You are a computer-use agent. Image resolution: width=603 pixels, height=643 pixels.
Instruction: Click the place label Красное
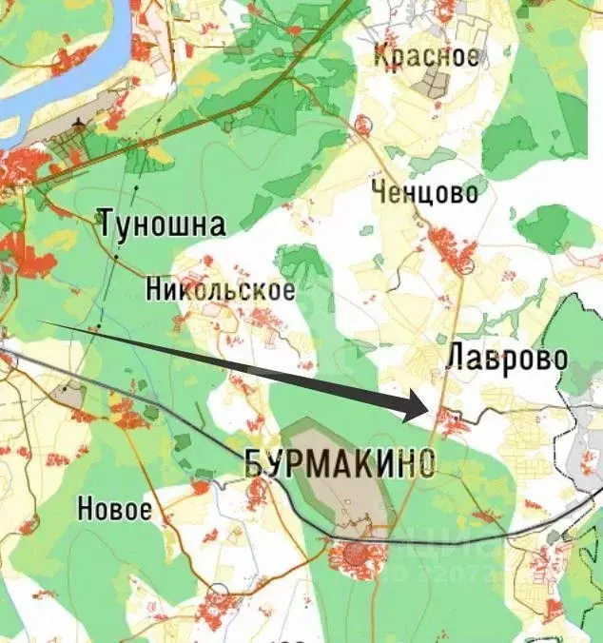(425, 55)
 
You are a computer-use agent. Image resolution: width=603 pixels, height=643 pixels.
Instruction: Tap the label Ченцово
(424, 193)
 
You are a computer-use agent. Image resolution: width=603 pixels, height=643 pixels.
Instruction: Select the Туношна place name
(163, 225)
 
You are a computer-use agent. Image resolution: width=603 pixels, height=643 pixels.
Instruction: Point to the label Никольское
(221, 289)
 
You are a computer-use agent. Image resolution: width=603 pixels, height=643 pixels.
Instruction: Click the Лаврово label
(507, 360)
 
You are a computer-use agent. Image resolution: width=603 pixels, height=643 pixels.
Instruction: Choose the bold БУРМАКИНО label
(340, 463)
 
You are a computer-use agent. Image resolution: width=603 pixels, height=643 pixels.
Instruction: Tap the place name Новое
(114, 508)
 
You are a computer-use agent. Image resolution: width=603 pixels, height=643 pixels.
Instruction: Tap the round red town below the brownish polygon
(357, 557)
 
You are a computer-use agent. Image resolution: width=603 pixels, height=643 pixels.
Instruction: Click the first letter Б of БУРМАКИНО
(255, 463)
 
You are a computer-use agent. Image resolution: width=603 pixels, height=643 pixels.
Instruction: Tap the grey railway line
(190, 419)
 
